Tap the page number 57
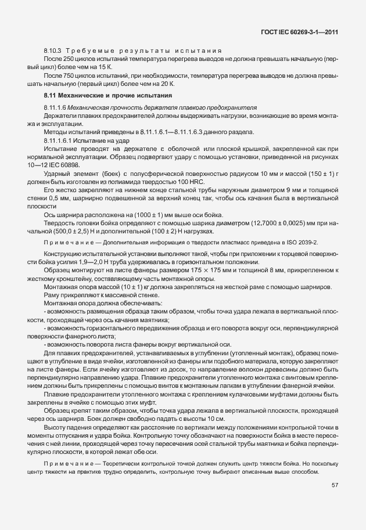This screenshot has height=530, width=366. pyautogui.click(x=335, y=486)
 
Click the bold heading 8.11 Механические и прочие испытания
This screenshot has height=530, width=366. pyautogui.click(x=109, y=95)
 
